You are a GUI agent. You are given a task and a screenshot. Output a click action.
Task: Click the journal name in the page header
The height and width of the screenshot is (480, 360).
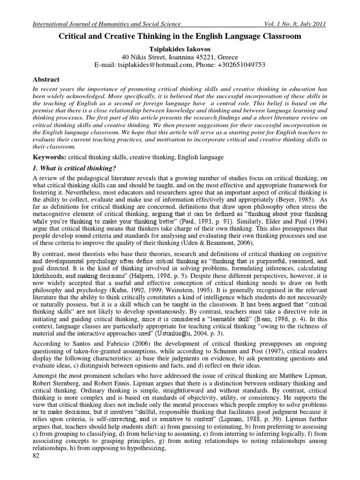pos(105,24)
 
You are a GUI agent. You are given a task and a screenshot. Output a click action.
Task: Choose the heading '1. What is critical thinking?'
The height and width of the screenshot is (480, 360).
pos(75,168)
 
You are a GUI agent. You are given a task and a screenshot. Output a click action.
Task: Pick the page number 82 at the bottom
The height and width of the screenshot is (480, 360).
pos(37,469)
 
